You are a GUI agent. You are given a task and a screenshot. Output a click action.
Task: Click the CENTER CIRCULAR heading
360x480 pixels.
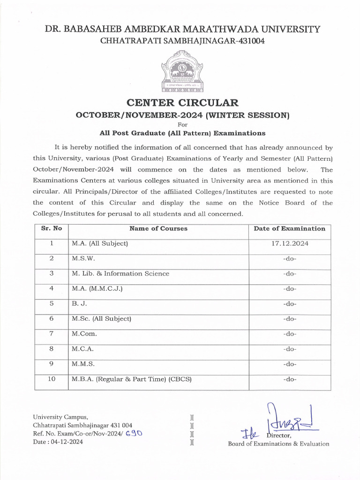pos(182,103)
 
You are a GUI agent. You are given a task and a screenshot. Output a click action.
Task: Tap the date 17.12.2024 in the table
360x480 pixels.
pos(289,244)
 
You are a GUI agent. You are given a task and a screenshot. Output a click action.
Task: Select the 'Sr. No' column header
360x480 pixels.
pos(52,229)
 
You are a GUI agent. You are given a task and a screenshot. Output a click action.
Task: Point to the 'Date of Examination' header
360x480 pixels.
pos(289,229)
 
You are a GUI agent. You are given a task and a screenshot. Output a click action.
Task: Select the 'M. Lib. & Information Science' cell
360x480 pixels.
pos(120,274)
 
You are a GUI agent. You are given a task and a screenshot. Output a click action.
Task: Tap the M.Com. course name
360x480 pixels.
pos(84,334)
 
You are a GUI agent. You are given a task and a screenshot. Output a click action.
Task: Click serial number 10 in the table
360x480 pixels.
pos(52,379)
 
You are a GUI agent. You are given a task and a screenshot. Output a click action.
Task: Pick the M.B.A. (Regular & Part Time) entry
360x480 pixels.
pos(132,379)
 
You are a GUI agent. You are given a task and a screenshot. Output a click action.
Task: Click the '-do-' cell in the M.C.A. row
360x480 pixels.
pos(289,349)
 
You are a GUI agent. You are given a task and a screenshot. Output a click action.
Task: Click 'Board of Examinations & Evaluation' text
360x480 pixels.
pos(278,444)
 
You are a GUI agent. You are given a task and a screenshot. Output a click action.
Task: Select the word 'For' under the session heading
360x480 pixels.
pos(182,125)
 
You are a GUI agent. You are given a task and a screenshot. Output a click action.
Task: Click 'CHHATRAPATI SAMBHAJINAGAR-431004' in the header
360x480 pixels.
pos(182,41)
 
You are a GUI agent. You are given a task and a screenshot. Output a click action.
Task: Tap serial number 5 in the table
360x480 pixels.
pos(52,304)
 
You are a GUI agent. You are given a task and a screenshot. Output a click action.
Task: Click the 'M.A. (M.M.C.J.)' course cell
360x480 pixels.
pos(97,289)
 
